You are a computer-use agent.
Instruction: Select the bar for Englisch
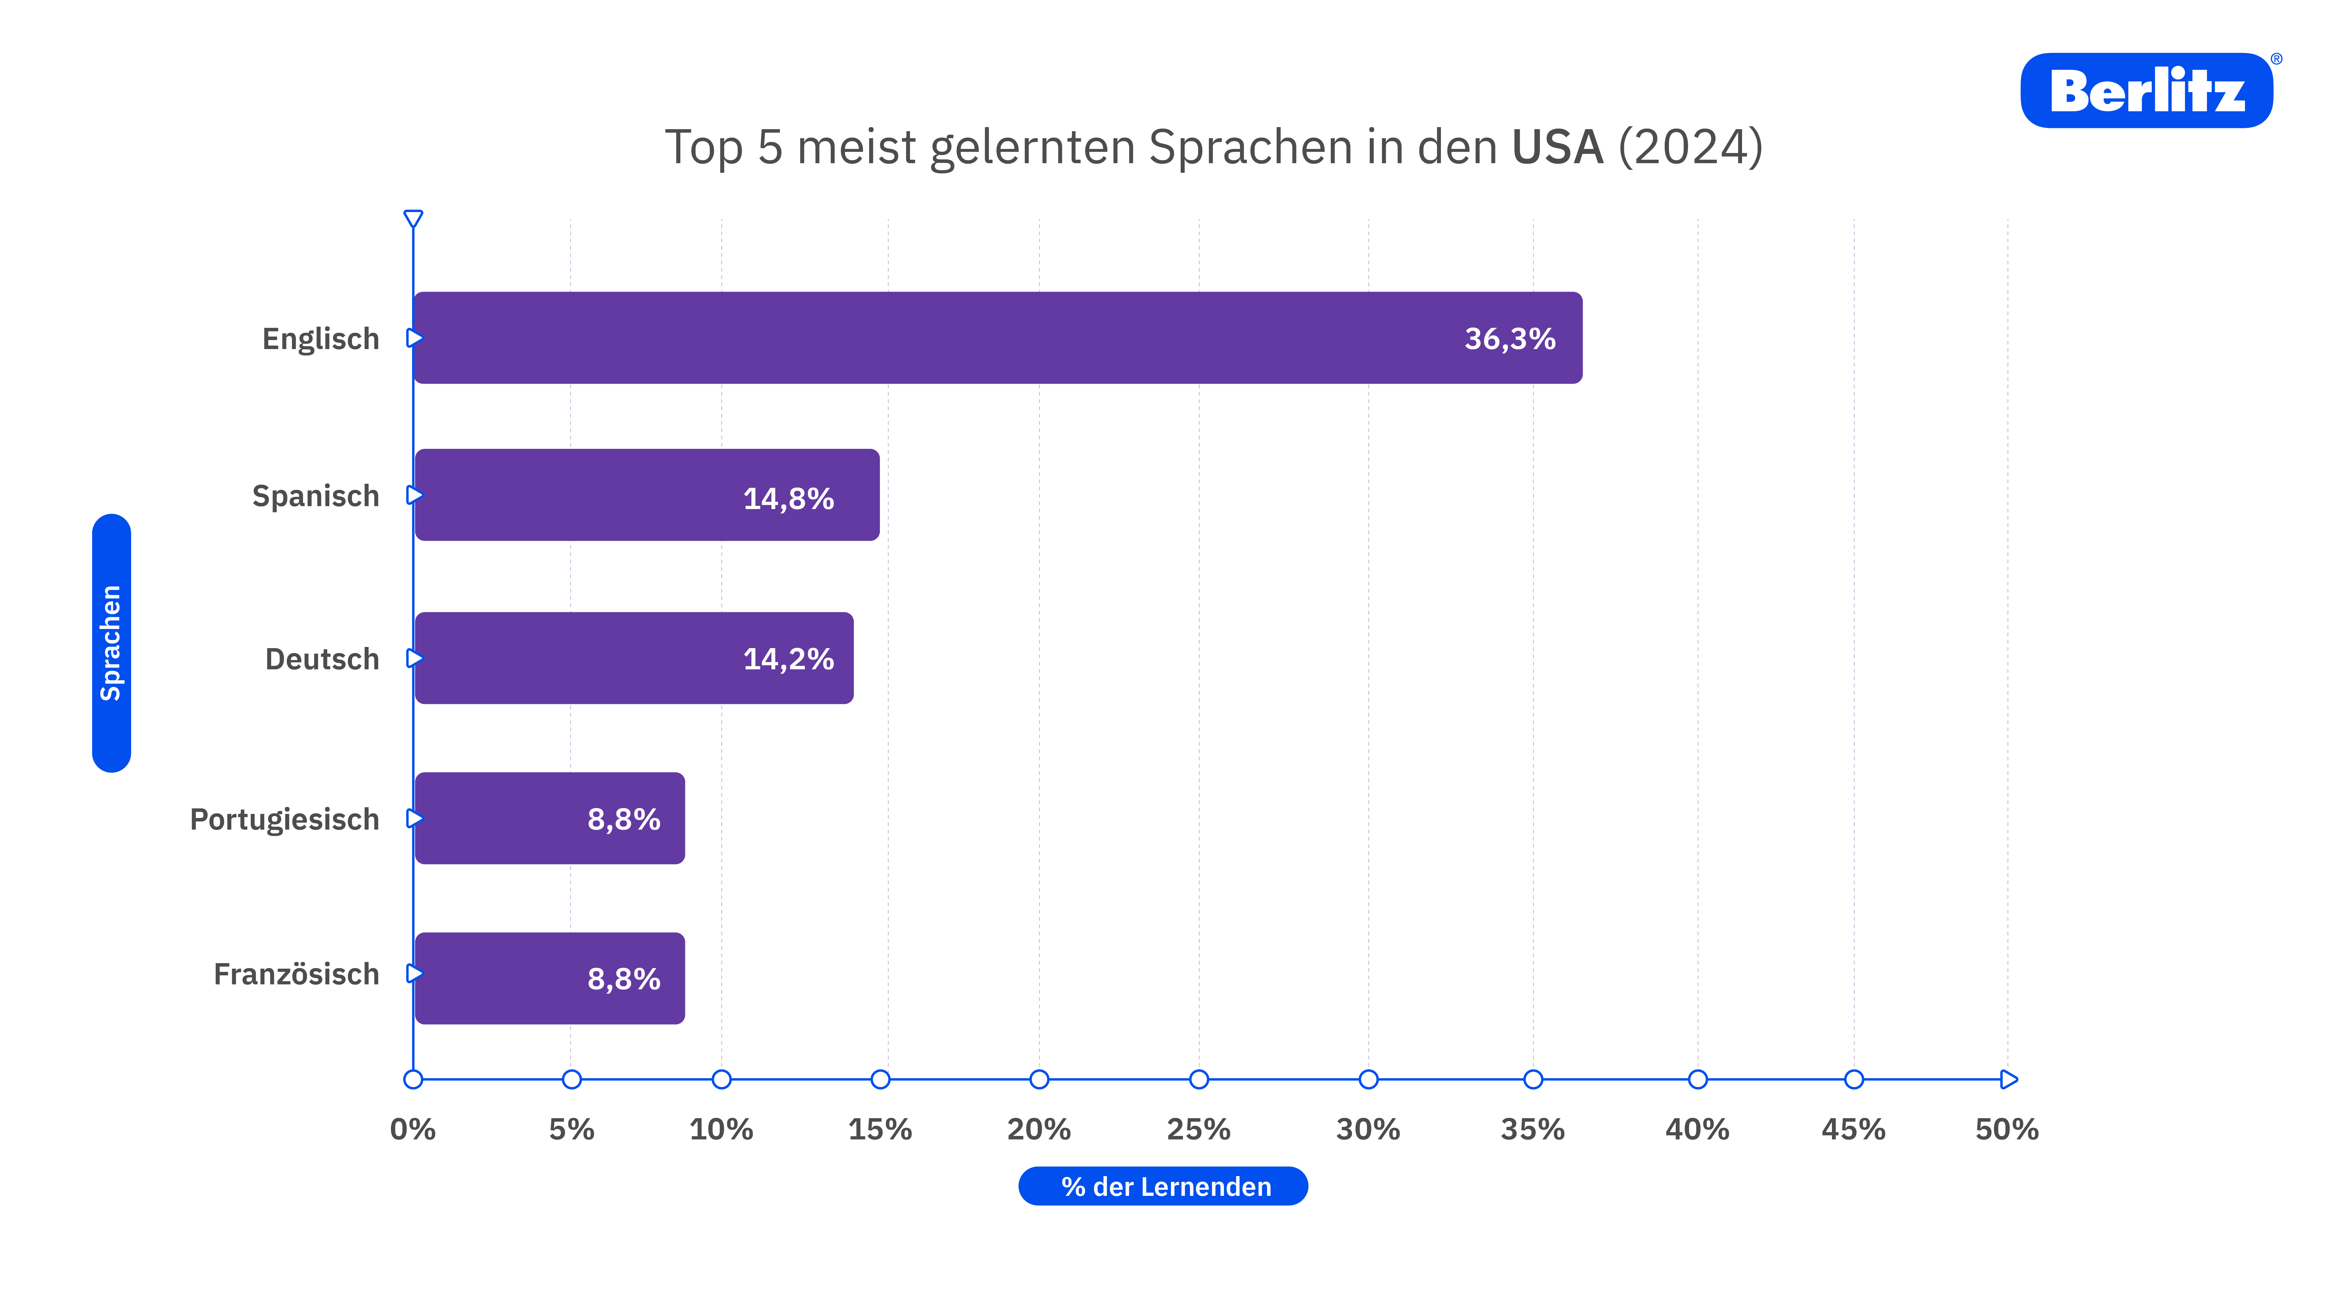[997, 338]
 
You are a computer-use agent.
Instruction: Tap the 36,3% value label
[1509, 339]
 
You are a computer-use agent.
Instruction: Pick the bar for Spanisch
[647, 495]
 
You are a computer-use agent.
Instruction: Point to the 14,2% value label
[788, 659]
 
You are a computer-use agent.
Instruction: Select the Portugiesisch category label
[284, 819]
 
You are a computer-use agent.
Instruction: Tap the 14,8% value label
[788, 499]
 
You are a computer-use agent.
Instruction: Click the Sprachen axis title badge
[111, 643]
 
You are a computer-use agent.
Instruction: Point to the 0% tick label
[413, 1129]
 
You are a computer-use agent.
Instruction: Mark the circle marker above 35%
[1533, 1079]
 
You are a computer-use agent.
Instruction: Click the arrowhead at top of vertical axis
[413, 219]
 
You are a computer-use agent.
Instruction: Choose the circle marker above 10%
[721, 1079]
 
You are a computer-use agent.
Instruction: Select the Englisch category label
[321, 339]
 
